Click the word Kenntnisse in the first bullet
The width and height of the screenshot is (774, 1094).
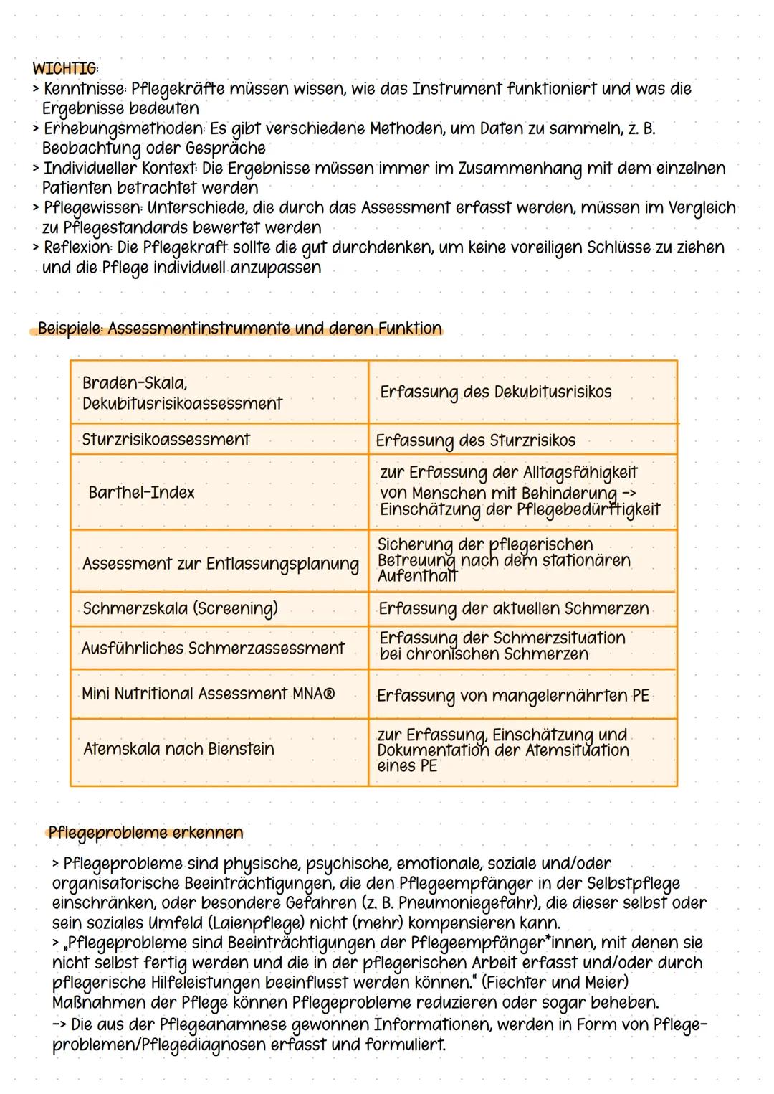coord(84,89)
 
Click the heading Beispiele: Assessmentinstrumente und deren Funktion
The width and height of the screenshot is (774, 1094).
coord(239,329)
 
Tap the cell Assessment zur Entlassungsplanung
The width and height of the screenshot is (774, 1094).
coord(220,564)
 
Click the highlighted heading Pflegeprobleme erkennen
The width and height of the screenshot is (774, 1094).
coord(145,833)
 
